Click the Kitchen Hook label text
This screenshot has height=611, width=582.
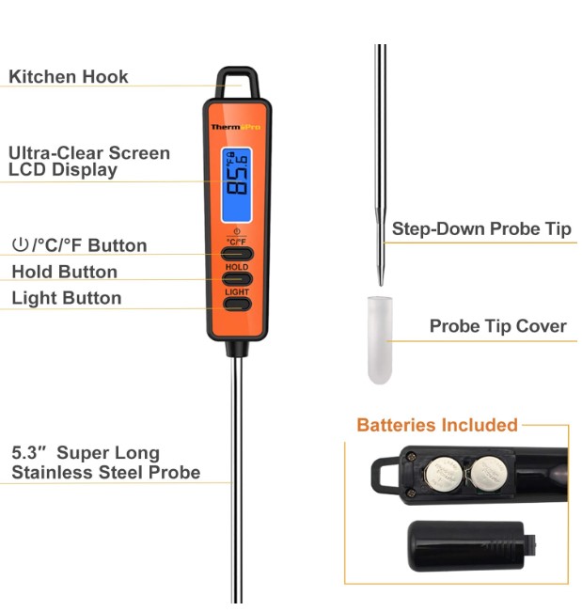(x=69, y=77)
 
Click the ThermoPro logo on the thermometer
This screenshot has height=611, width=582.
(x=236, y=127)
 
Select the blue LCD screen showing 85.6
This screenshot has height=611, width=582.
(x=237, y=185)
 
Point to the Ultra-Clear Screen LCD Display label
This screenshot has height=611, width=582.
(x=89, y=162)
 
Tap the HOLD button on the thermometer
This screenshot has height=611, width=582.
(x=237, y=278)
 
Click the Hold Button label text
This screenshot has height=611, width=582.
(x=64, y=272)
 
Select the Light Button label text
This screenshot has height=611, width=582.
(x=67, y=298)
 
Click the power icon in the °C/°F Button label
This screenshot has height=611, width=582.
(x=20, y=244)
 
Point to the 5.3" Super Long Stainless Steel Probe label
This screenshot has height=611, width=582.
(x=105, y=462)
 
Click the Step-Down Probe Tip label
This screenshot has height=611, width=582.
(x=481, y=228)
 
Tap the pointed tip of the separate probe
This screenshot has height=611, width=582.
(x=381, y=285)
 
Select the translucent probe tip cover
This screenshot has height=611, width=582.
(x=380, y=340)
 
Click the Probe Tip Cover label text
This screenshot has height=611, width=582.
(x=497, y=326)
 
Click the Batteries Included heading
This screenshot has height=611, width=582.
(x=437, y=425)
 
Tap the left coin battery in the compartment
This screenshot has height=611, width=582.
(x=444, y=475)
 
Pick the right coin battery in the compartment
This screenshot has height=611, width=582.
(x=489, y=474)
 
